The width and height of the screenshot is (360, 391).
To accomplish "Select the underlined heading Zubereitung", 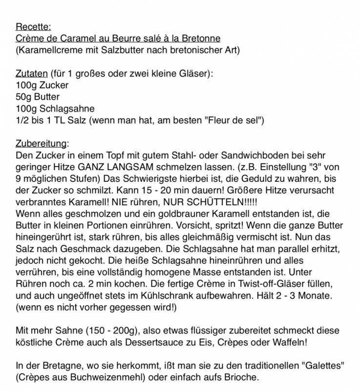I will point(42,144).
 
